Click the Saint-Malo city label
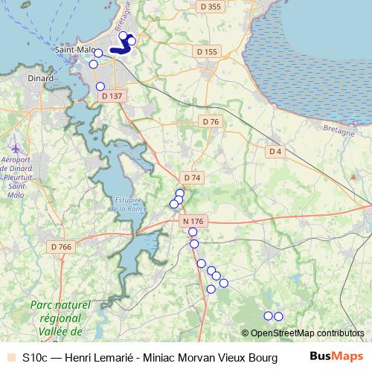click(x=72, y=50)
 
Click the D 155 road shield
click(x=206, y=51)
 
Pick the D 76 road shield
click(x=211, y=121)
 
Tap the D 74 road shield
click(x=192, y=177)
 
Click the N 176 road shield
click(x=192, y=221)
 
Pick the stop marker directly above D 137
click(x=100, y=86)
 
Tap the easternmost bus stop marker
click(x=278, y=316)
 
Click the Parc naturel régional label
click(x=60, y=312)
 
